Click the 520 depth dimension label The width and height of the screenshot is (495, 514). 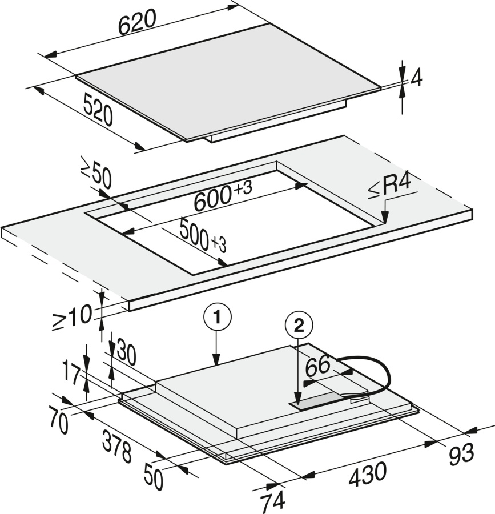[x=98, y=110]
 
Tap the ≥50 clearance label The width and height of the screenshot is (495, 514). [x=96, y=176]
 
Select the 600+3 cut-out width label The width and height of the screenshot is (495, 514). [x=223, y=196]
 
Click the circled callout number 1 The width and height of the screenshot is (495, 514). [x=217, y=317]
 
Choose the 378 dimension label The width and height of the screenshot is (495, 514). [x=117, y=447]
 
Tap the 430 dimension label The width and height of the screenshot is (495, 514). [x=368, y=473]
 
